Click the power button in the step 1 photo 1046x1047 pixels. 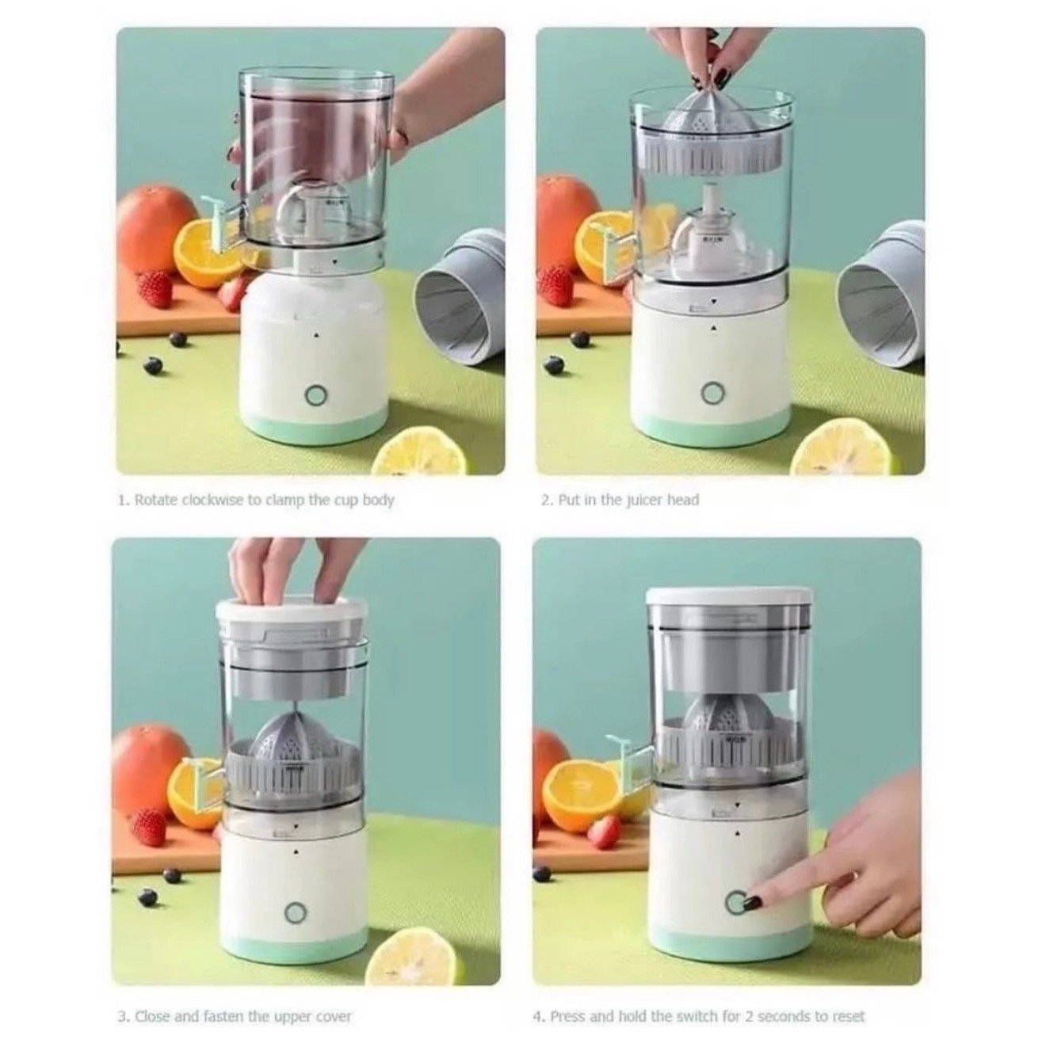point(315,395)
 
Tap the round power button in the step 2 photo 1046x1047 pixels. point(712,392)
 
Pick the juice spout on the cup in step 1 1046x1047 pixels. point(222,227)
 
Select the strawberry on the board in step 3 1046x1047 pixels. point(147,827)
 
